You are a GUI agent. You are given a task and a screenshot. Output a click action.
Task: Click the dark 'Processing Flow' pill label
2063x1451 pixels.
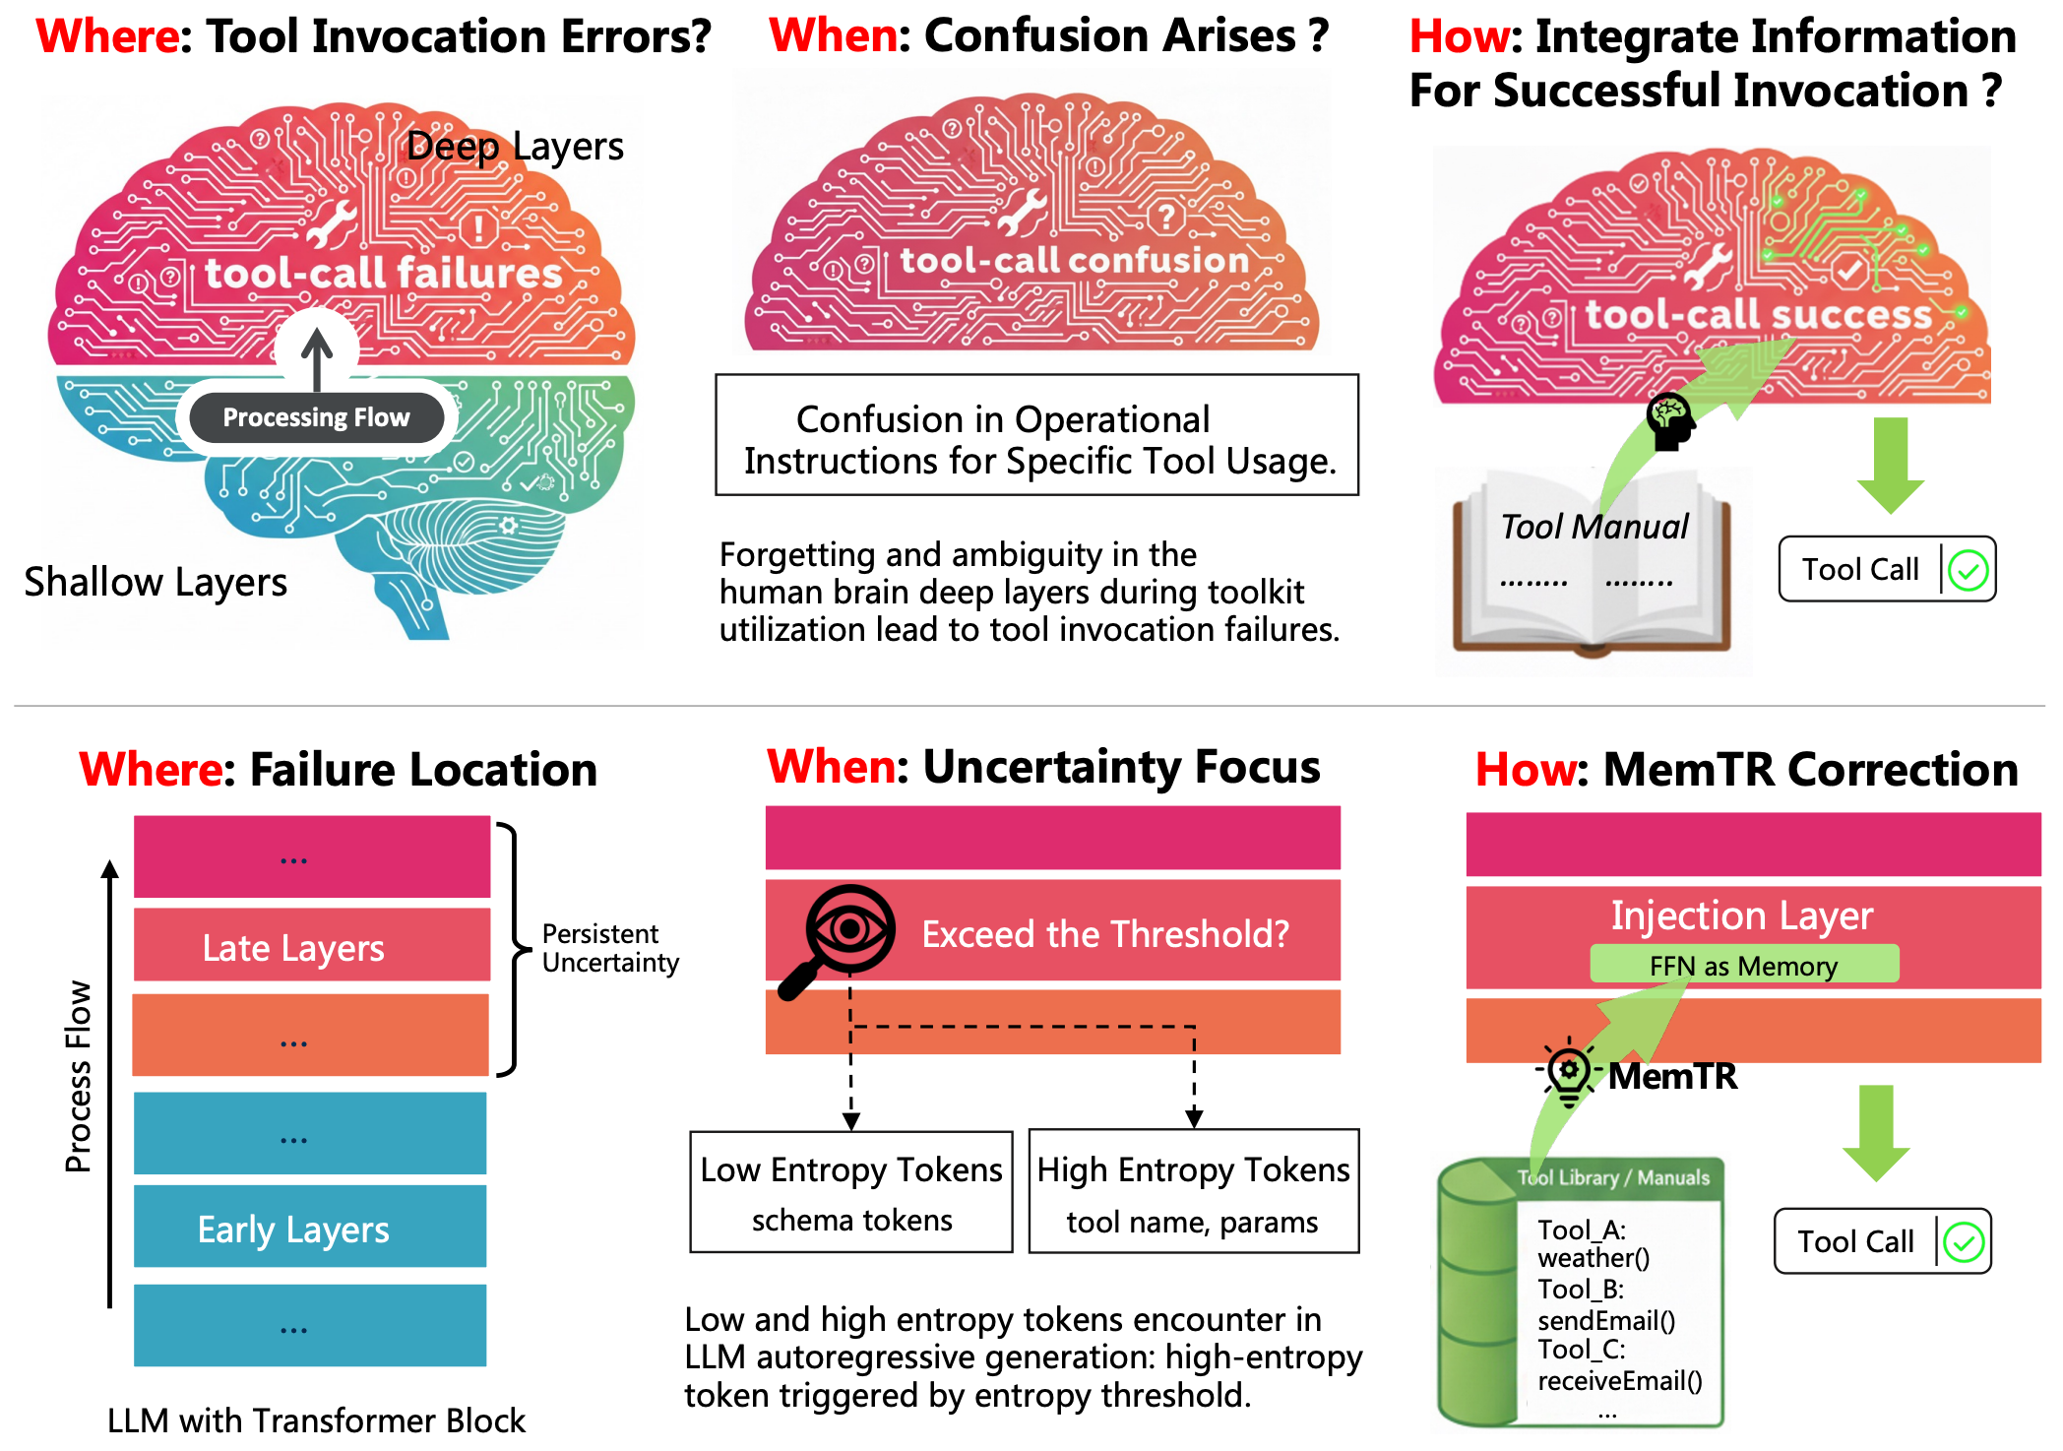316,417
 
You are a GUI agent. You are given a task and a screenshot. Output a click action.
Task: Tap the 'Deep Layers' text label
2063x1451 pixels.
515,147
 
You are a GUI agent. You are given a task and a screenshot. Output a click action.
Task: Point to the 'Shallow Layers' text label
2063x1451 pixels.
156,582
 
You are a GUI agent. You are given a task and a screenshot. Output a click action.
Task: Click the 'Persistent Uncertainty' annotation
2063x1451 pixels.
609,948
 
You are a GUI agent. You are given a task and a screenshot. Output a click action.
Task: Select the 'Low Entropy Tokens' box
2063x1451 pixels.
851,1192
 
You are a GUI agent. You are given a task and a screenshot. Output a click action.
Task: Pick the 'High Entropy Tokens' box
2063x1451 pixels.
1193,1192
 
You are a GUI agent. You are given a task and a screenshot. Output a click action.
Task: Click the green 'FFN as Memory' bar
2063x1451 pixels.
1743,965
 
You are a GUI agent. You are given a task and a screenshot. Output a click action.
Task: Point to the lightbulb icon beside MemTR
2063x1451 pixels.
1568,1072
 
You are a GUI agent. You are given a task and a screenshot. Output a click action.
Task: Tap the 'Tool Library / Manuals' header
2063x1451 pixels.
1614,1178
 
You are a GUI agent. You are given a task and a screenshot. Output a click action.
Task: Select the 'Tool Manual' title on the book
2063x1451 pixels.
1594,527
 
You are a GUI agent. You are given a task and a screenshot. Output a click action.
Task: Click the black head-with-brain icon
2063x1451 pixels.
1670,421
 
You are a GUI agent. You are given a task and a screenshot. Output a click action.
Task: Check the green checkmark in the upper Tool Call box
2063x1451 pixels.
1968,570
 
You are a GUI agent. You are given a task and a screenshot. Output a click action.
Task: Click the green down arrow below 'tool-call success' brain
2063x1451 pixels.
1890,463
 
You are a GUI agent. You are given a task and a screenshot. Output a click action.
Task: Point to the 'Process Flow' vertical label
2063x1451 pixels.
79,1076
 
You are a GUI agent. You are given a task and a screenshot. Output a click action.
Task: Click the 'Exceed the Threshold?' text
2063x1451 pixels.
1104,934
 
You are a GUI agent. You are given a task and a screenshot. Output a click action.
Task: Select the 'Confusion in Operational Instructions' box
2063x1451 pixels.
1036,435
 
